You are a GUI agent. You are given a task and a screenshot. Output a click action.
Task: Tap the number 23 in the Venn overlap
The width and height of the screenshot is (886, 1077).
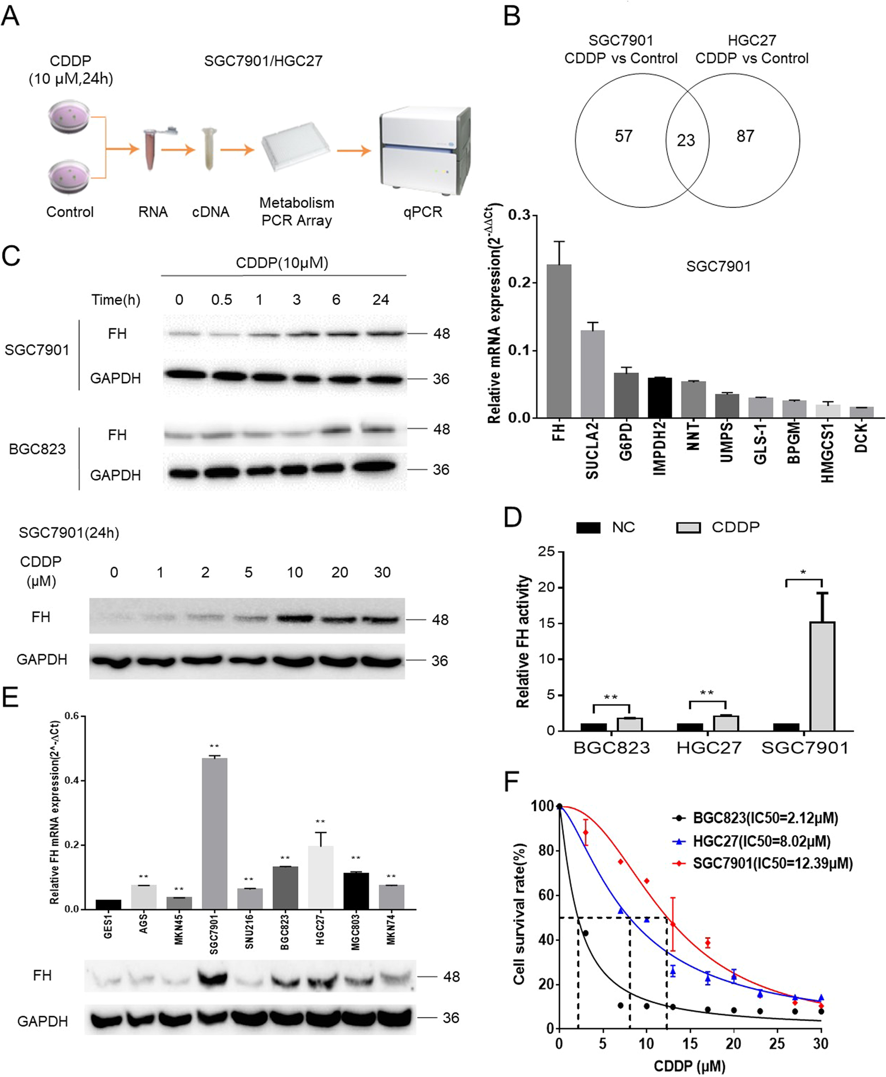click(x=686, y=140)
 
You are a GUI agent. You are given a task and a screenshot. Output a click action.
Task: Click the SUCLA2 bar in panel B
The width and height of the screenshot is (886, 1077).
click(x=592, y=373)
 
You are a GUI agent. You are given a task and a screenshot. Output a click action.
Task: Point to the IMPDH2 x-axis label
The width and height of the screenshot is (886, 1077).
click(x=660, y=448)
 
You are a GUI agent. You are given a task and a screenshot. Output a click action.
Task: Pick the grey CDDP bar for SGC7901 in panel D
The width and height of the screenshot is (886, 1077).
click(x=822, y=676)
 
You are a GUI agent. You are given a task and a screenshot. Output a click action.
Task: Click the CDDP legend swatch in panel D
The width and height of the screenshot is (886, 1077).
click(x=688, y=527)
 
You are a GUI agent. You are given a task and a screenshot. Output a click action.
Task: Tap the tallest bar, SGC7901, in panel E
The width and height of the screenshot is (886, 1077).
click(x=214, y=833)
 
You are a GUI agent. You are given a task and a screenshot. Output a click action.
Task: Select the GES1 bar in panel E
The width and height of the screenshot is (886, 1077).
click(x=108, y=904)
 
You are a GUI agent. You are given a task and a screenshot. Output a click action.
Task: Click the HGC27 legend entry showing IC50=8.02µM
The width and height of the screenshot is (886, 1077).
click(x=761, y=841)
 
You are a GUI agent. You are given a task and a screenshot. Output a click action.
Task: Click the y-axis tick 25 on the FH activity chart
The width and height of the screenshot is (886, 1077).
click(x=547, y=552)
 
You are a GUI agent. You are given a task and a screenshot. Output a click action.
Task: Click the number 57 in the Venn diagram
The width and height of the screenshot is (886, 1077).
click(x=624, y=136)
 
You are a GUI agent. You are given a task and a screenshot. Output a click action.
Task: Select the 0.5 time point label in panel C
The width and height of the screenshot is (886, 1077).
click(x=221, y=300)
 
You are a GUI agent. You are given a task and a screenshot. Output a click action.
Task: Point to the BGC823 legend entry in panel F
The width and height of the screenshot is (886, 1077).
click(x=765, y=818)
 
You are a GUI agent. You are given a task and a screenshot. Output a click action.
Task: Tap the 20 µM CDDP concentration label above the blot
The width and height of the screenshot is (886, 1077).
click(x=340, y=572)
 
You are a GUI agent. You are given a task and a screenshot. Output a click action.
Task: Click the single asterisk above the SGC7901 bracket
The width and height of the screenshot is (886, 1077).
click(x=803, y=573)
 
